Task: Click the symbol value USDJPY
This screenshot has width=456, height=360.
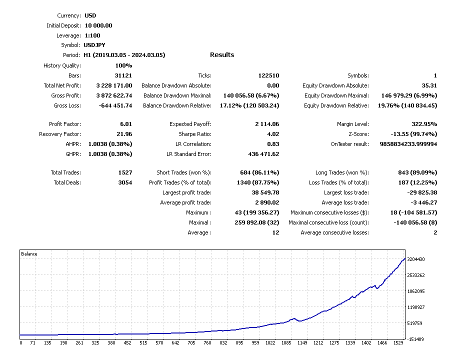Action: point(94,45)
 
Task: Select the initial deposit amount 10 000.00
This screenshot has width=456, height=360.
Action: point(98,25)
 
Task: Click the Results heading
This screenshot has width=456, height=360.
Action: point(222,55)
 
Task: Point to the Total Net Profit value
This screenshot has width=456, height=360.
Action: point(114,85)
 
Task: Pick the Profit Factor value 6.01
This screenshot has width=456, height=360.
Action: point(125,124)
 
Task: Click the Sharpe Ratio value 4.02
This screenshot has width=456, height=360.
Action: point(273,134)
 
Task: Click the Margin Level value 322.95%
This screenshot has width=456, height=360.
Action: point(421,124)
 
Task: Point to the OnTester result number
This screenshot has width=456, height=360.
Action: point(405,144)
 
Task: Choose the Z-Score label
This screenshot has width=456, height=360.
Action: point(356,134)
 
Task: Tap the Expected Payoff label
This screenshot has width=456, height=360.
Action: point(190,124)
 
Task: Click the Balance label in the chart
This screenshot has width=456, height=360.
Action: point(29,254)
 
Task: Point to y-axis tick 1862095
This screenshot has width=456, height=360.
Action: point(416,291)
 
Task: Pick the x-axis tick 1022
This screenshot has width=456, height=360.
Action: point(270,343)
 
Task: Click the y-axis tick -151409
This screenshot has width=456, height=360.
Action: point(416,339)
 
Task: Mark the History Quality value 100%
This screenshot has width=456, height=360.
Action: point(123,65)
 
